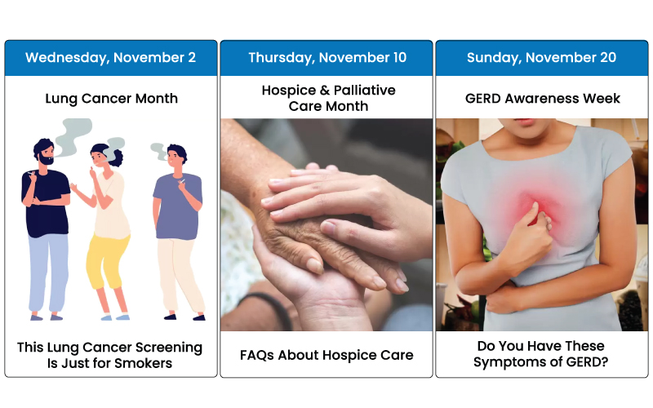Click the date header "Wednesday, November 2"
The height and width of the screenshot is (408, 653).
(x=110, y=57)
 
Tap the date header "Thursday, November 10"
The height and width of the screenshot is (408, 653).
(x=327, y=57)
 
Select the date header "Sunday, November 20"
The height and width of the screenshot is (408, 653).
(x=541, y=57)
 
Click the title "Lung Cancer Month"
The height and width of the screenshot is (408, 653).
(x=111, y=98)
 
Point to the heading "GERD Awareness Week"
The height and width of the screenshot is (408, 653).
(x=542, y=98)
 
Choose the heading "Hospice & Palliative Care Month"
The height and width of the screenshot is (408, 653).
(x=328, y=98)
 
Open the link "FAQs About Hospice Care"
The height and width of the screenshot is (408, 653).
(x=326, y=355)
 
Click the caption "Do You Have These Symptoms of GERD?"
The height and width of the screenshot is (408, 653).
(x=540, y=354)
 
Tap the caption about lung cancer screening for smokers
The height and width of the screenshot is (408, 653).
(x=109, y=355)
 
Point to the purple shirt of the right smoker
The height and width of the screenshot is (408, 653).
(x=178, y=207)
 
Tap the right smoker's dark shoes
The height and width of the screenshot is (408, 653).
(x=184, y=317)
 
